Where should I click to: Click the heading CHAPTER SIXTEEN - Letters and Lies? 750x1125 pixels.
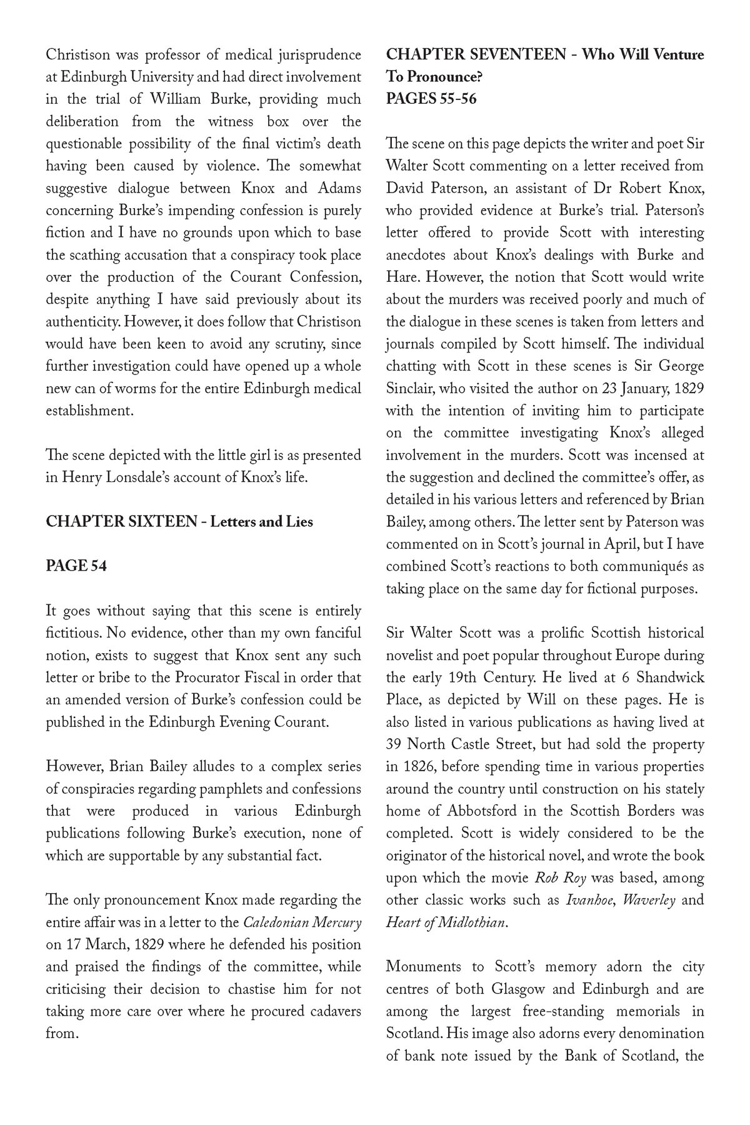(179, 521)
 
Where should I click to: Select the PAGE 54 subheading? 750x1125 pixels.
(76, 566)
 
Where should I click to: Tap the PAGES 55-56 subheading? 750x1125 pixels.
(431, 99)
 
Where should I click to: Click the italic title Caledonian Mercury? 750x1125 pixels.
(301, 922)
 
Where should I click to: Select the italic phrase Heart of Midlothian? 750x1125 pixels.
(444, 922)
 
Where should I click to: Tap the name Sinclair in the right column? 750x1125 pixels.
(409, 389)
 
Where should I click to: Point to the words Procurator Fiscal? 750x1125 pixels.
(229, 677)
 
